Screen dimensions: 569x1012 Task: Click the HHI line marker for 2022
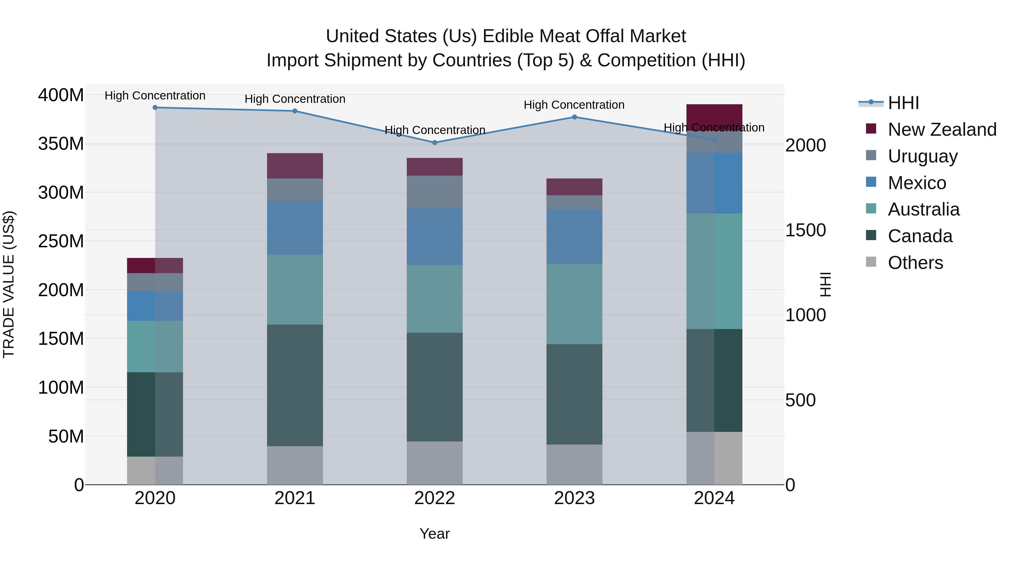click(435, 142)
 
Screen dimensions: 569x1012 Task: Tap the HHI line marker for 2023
click(574, 117)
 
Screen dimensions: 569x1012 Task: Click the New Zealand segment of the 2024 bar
click(714, 117)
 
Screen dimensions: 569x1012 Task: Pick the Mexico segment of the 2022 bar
click(435, 236)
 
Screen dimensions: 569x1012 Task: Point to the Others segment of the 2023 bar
click(574, 464)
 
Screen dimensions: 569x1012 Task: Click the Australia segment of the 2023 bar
click(574, 304)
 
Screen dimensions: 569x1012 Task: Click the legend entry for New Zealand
click(942, 130)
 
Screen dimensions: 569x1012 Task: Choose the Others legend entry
click(915, 263)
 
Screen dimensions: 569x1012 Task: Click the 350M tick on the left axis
click(61, 144)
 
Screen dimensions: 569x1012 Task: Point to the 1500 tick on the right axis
click(805, 230)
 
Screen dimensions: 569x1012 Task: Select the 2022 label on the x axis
click(435, 498)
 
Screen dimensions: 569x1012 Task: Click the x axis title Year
click(435, 534)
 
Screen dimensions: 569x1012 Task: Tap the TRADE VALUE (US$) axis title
click(9, 284)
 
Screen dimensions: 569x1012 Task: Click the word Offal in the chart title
click(602, 36)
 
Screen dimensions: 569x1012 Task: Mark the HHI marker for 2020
click(155, 108)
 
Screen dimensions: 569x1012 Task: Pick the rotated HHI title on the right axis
click(826, 284)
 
